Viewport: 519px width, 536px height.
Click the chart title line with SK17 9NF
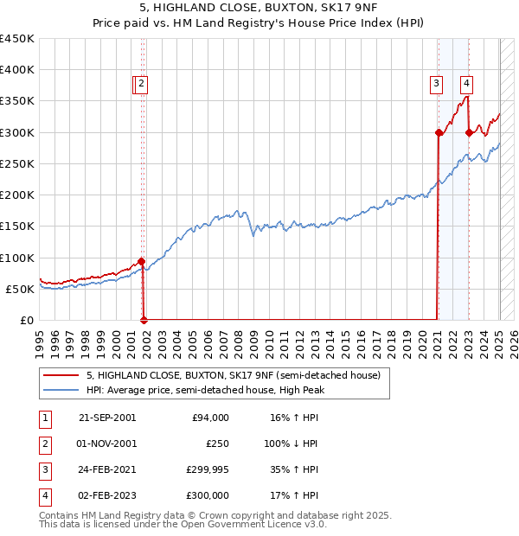[x=259, y=10]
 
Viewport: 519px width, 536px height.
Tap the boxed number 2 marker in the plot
[x=141, y=84]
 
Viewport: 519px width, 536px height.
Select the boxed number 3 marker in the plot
[x=436, y=84]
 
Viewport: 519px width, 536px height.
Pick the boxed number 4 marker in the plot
[x=466, y=84]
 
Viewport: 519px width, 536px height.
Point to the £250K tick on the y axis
[x=17, y=163]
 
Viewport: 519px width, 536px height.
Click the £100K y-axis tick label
[x=17, y=258]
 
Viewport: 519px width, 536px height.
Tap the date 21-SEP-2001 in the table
[x=107, y=417]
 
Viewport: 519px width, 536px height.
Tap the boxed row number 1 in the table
[x=45, y=417]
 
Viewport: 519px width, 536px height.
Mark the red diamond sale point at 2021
[x=439, y=132]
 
